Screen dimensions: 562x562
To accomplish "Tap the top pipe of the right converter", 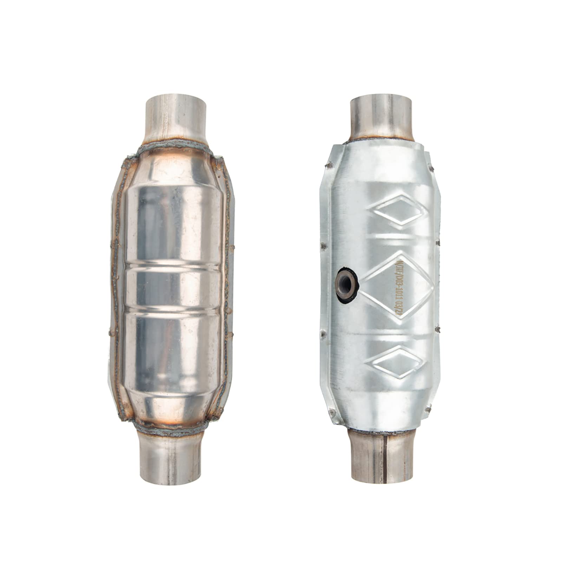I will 381,116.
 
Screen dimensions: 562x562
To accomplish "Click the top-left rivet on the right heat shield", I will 328,163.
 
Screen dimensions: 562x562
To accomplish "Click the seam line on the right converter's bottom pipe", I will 385,457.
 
